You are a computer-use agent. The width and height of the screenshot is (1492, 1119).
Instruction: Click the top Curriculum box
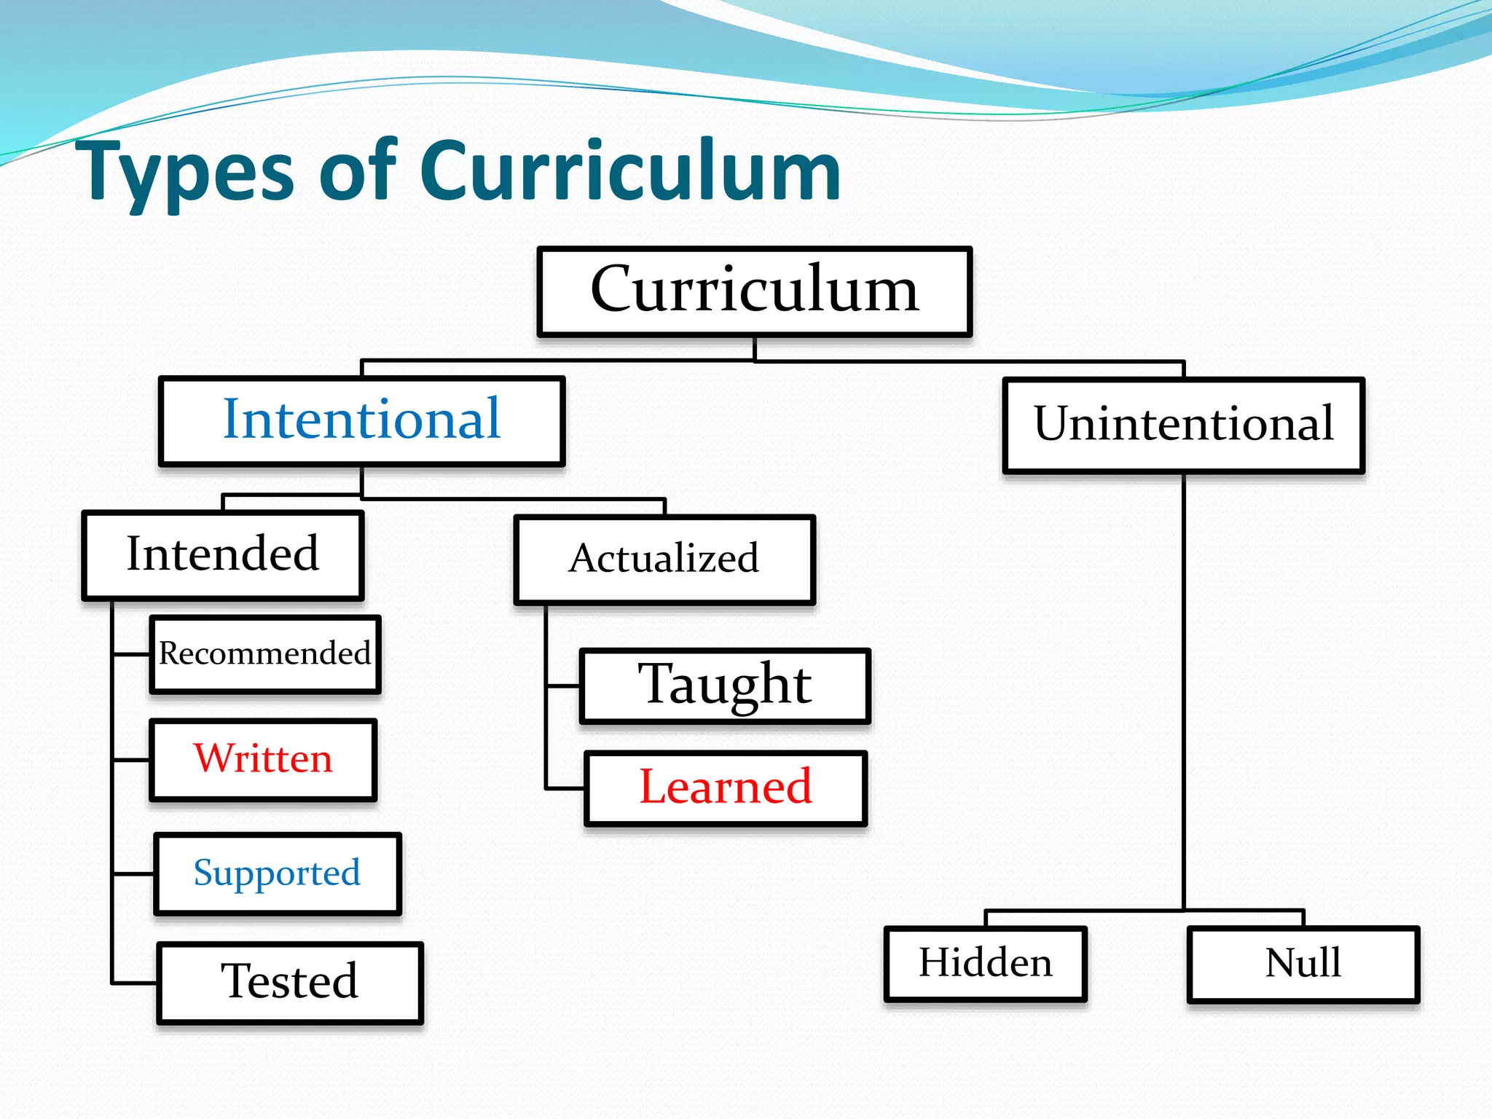(x=754, y=291)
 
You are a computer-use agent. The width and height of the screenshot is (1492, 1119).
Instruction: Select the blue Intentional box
(x=361, y=420)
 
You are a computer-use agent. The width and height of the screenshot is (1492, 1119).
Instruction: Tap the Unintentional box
(x=1183, y=425)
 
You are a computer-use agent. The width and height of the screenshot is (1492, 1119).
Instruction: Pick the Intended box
(x=222, y=555)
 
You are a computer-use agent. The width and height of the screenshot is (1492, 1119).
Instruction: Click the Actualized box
(x=664, y=559)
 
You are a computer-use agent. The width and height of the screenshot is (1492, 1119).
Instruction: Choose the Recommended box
(x=264, y=653)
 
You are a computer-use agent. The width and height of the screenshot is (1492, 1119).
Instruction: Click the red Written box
(x=263, y=759)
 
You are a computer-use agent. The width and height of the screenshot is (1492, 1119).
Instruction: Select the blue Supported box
(x=277, y=873)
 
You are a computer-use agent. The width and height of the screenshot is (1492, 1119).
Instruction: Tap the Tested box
(x=289, y=982)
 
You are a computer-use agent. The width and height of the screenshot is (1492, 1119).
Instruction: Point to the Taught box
(x=725, y=685)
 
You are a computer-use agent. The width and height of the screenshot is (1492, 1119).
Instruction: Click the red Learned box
(x=726, y=788)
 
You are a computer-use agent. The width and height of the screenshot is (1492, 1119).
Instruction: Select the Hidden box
(x=985, y=963)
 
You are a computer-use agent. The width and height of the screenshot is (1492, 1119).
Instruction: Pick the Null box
(x=1303, y=963)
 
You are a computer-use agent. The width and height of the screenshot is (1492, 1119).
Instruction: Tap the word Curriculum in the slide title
(x=630, y=171)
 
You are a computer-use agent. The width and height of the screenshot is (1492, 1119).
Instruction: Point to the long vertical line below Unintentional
(x=1183, y=692)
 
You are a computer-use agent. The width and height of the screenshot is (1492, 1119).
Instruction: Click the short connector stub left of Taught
(x=563, y=686)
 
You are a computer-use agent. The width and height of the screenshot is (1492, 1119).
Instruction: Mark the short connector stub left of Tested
(x=135, y=983)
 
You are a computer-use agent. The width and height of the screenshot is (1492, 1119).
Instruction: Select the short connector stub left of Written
(x=132, y=760)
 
